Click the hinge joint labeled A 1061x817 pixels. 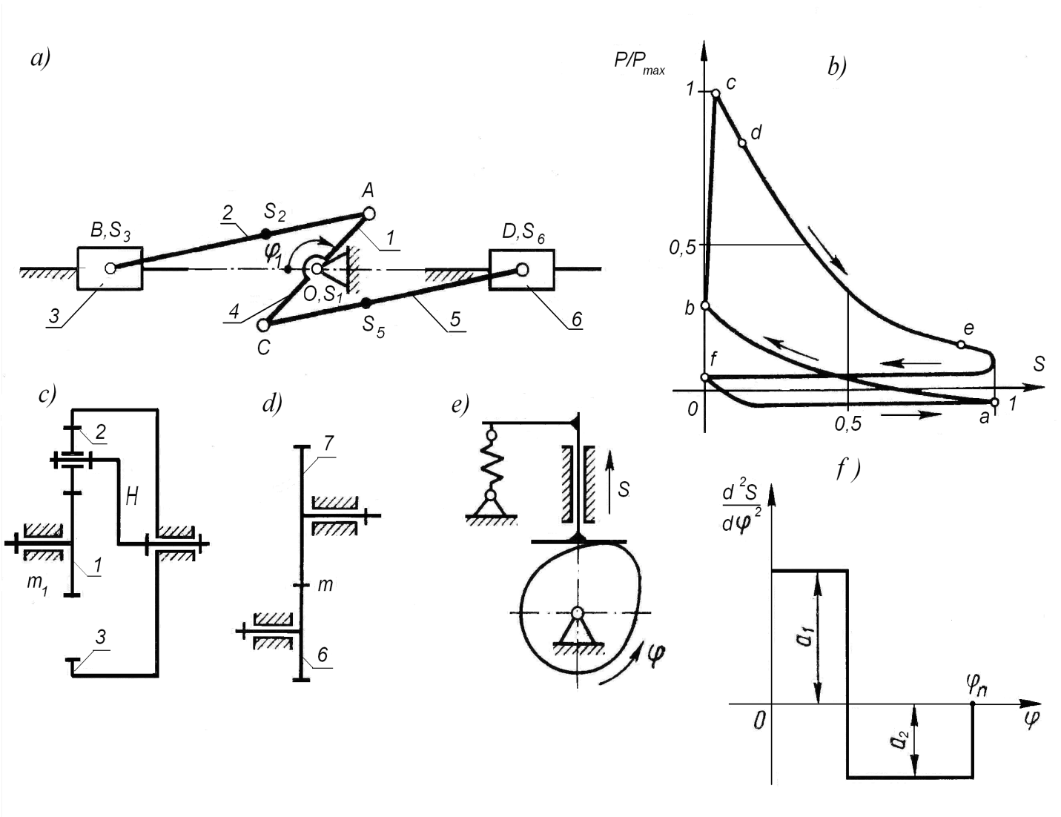point(369,214)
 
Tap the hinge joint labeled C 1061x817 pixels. point(263,324)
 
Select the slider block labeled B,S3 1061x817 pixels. point(110,268)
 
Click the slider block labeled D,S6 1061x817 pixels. point(522,270)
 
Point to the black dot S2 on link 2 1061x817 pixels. point(265,234)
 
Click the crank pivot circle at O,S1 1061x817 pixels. point(317,268)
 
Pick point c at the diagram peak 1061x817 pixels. point(715,93)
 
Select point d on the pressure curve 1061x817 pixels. point(742,143)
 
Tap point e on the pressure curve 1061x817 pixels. point(961,345)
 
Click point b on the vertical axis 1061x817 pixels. point(705,305)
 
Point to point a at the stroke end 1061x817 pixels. point(995,402)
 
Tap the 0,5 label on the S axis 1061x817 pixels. point(847,424)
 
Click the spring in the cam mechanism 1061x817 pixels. point(491,465)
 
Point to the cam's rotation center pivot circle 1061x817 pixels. point(578,612)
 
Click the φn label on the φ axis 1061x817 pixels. point(977,687)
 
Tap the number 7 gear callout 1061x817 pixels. point(328,443)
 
